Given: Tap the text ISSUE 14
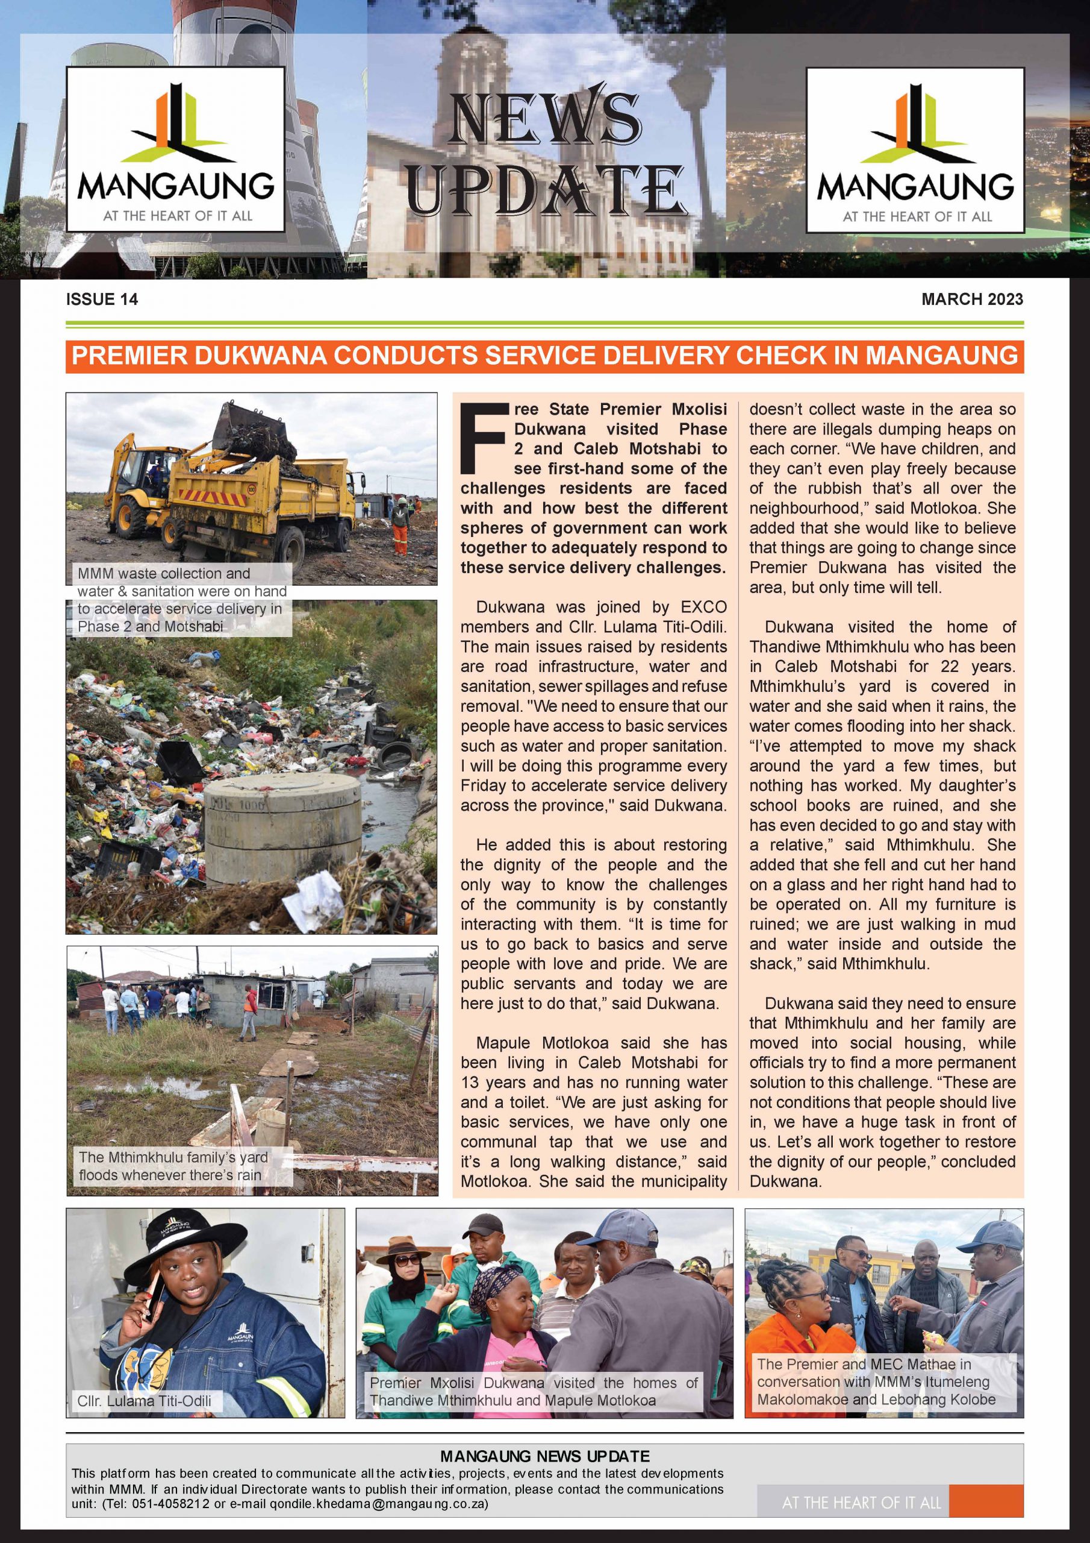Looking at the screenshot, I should [102, 300].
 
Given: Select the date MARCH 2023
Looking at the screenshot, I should [972, 299].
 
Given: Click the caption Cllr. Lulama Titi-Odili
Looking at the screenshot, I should [145, 1401].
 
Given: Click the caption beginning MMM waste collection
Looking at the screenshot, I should [181, 600].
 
